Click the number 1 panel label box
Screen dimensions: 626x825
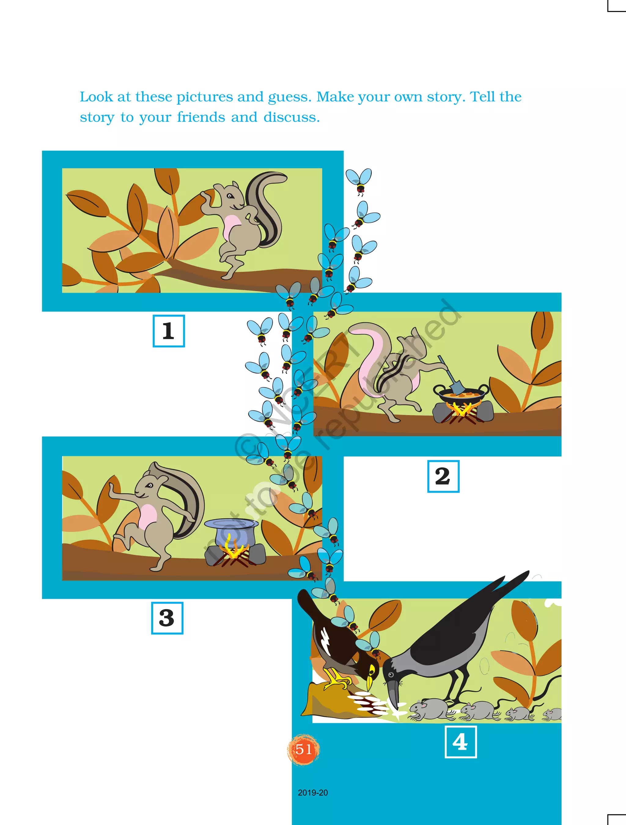tap(168, 331)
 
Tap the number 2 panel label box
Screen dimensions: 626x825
tap(443, 476)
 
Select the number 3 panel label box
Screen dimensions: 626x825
tap(167, 618)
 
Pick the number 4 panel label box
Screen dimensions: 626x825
tap(460, 742)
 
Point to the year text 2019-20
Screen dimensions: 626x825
tap(313, 793)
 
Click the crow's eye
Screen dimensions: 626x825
tap(390, 674)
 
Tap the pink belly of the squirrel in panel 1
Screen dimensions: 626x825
tap(232, 227)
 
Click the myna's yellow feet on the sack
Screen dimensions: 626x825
tap(337, 679)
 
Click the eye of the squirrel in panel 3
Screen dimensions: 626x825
tap(149, 485)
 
